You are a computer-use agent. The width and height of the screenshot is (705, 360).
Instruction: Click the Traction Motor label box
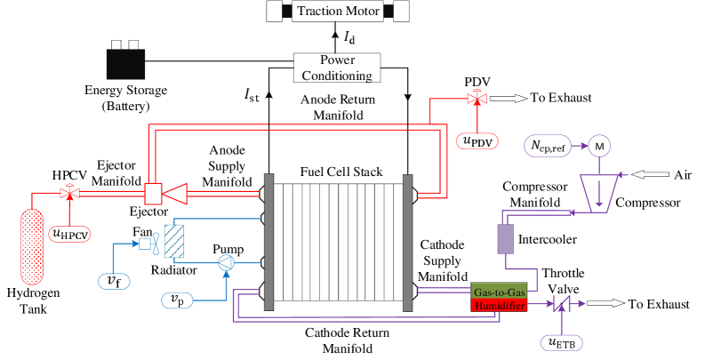(338, 12)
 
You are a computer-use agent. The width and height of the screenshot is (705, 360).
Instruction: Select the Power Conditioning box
(337, 68)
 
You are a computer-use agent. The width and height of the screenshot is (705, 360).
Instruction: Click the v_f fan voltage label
(114, 281)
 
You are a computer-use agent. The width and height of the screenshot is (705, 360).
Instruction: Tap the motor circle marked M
(599, 146)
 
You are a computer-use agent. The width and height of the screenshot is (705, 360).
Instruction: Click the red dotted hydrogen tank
(32, 246)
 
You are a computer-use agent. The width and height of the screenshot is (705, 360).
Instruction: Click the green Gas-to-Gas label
(499, 291)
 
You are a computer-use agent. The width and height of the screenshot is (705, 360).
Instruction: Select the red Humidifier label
(499, 304)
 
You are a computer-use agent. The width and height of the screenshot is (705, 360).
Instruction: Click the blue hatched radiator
(173, 241)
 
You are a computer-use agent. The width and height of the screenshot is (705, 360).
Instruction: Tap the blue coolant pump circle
(226, 261)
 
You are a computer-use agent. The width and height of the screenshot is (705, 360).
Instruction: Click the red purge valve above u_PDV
(477, 98)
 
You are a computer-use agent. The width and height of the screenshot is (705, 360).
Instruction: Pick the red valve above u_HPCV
(68, 192)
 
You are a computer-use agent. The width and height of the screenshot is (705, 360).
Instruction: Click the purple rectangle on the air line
(505, 239)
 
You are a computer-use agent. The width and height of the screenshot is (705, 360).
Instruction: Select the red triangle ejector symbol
(174, 192)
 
